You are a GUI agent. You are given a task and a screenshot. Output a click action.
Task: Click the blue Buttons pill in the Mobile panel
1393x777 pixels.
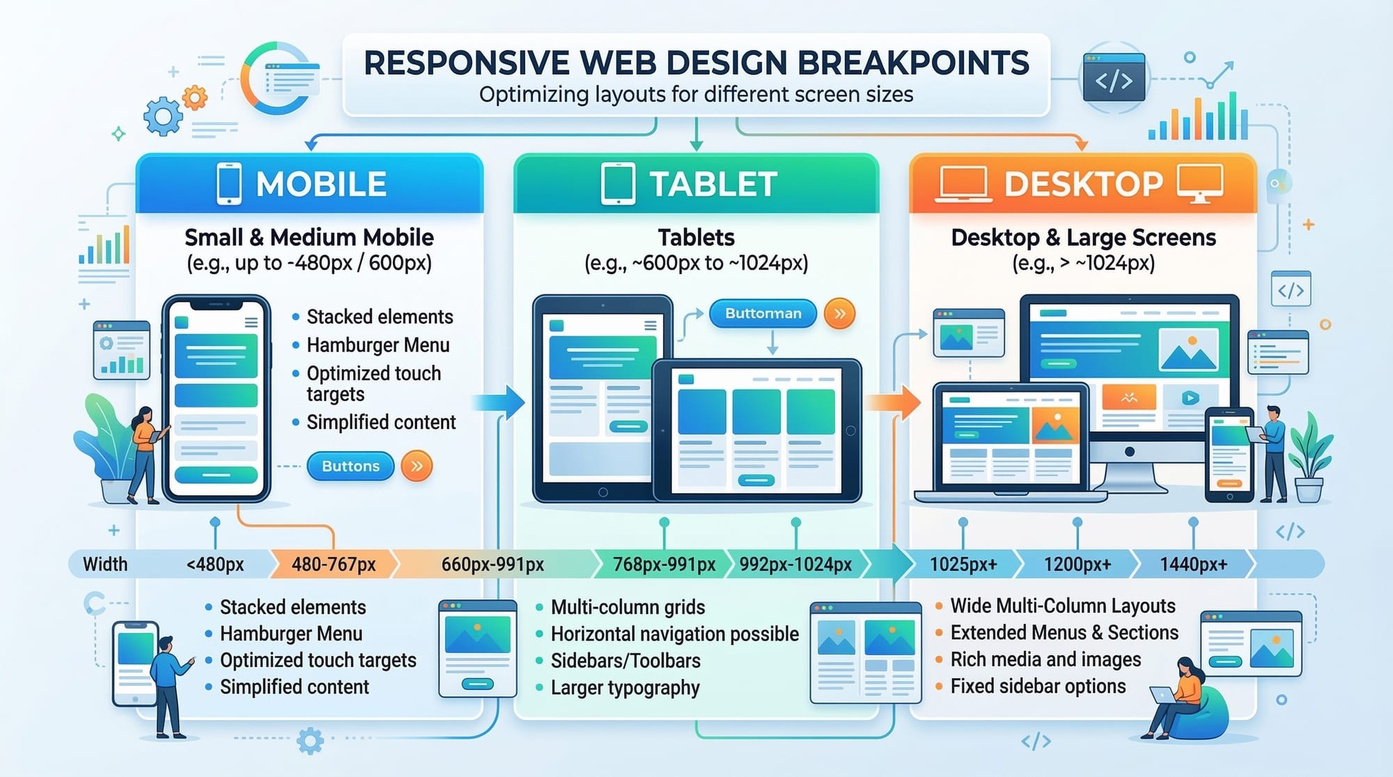pyautogui.click(x=350, y=466)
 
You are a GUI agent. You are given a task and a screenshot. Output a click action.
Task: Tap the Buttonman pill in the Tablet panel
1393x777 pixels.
pyautogui.click(x=763, y=313)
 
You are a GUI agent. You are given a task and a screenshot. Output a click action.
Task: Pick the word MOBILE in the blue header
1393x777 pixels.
pyautogui.click(x=321, y=185)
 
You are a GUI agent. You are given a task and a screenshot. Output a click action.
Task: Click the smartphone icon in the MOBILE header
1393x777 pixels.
pyautogui.click(x=229, y=184)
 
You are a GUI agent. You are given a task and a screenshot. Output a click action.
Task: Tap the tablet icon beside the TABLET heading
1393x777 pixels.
pyautogui.click(x=617, y=184)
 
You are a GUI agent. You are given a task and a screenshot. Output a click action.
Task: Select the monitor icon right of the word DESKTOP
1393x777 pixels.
pyautogui.click(x=1199, y=183)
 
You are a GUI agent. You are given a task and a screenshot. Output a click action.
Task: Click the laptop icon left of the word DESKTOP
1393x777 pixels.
pyautogui.click(x=963, y=184)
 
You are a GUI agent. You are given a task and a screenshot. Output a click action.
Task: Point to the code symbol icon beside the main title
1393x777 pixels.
pyautogui.click(x=1114, y=79)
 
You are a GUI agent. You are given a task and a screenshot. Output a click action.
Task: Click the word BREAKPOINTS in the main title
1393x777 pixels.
pyautogui.click(x=912, y=63)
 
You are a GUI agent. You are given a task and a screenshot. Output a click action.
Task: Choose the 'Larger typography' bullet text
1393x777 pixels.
pyautogui.click(x=625, y=688)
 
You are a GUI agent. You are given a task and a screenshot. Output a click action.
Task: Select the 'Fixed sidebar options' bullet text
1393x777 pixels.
pyautogui.click(x=1038, y=686)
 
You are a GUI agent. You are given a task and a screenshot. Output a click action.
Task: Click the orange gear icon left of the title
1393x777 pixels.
pyautogui.click(x=195, y=97)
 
